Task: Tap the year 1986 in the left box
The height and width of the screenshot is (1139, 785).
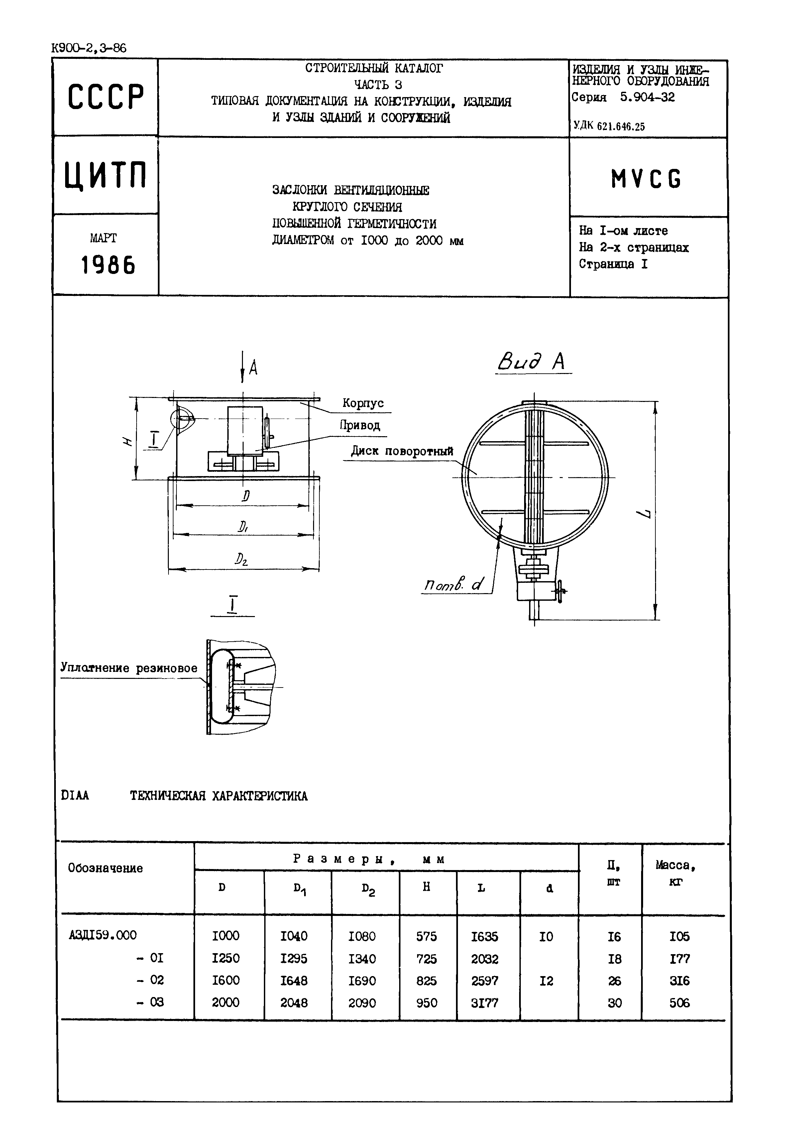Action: (x=108, y=266)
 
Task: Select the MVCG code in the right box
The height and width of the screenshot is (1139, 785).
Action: (x=646, y=179)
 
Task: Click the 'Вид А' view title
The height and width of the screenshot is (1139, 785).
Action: (x=532, y=362)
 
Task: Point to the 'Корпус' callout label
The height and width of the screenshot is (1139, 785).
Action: (x=363, y=404)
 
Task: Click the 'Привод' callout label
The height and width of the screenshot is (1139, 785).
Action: (x=360, y=426)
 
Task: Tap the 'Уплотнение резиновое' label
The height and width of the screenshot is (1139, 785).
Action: (x=129, y=668)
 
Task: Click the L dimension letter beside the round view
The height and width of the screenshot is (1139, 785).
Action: (x=647, y=515)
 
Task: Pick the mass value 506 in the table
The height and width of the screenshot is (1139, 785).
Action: (x=679, y=1003)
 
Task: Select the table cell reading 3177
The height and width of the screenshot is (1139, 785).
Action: (x=485, y=1003)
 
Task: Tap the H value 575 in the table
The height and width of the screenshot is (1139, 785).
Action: (x=426, y=936)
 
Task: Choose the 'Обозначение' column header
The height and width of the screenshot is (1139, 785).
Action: (x=105, y=868)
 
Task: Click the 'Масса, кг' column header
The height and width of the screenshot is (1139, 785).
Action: (x=676, y=872)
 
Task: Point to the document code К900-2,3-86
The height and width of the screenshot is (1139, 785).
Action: (x=88, y=48)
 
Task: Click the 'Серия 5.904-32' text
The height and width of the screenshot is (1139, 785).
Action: (x=623, y=97)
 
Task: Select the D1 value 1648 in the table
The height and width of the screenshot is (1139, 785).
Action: (x=294, y=980)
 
